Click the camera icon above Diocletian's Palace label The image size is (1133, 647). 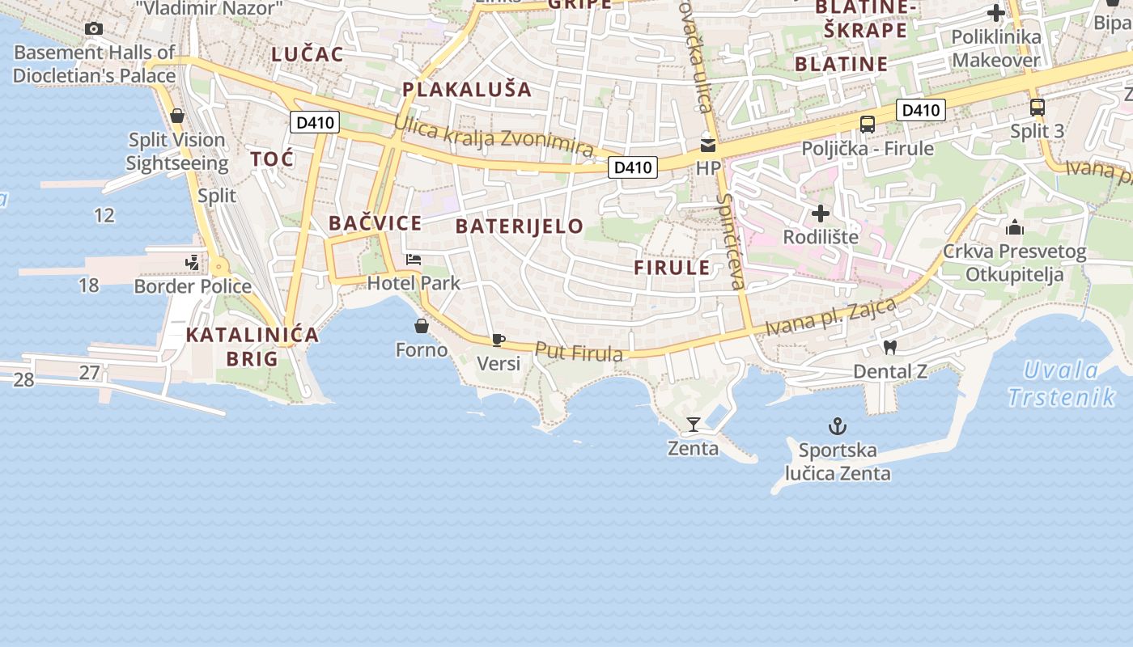(94, 29)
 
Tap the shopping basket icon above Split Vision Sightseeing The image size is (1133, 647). (177, 116)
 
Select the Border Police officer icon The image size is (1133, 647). (193, 262)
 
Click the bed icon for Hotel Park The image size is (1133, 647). (414, 260)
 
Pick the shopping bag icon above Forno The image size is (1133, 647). (421, 326)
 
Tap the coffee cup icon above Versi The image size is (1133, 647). (499, 340)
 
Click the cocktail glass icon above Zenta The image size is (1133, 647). (693, 424)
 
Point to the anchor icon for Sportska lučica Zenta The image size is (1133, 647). (837, 425)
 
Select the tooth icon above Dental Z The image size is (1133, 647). (890, 348)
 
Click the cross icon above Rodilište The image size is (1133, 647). (821, 214)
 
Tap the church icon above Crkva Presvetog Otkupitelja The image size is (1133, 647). (1015, 227)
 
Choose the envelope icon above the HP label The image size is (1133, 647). (708, 146)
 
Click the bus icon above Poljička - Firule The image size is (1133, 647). (868, 125)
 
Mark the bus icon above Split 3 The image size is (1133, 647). (1038, 108)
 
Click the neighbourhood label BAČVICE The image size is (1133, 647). (376, 223)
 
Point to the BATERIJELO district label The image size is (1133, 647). (520, 226)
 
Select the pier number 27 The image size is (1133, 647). (90, 373)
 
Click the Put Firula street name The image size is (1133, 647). (579, 353)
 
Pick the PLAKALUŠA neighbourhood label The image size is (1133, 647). (467, 89)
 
